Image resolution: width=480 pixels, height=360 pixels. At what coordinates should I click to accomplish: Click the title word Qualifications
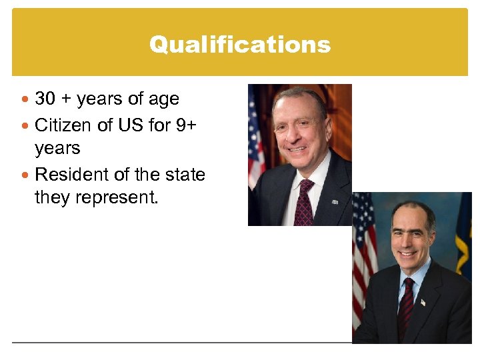[239, 45]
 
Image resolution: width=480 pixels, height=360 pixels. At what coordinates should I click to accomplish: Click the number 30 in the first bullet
[45, 99]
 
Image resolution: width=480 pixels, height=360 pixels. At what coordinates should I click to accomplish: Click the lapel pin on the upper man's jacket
[335, 201]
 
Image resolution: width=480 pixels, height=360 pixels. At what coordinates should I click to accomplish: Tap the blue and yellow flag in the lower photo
[464, 233]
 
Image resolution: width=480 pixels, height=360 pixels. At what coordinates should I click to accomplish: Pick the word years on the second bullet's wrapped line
[57, 148]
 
